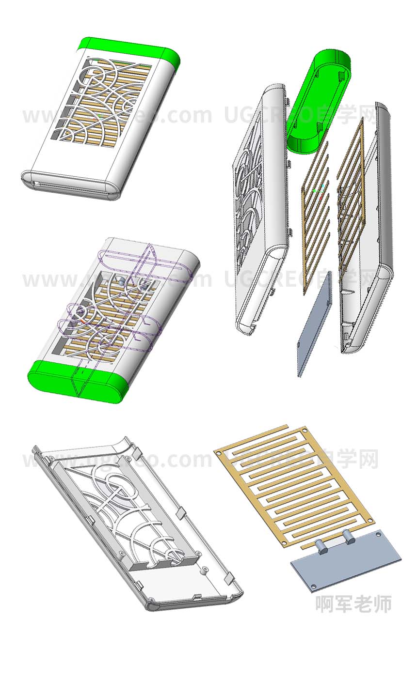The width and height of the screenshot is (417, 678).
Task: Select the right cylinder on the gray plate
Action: click(x=349, y=536)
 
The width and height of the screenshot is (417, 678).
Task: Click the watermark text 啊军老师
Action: click(x=353, y=604)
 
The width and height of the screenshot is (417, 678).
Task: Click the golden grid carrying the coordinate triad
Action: click(x=315, y=213)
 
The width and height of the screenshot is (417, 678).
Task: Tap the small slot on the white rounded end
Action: click(x=37, y=185)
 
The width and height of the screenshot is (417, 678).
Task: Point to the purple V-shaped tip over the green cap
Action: click(x=80, y=388)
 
